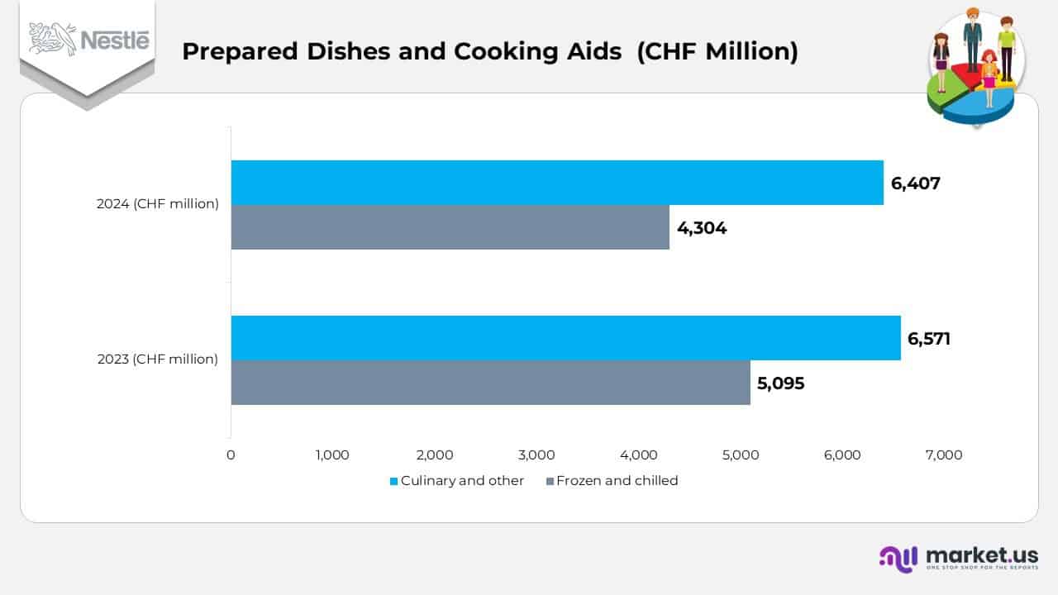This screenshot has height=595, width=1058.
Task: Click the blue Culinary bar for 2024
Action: pos(556,183)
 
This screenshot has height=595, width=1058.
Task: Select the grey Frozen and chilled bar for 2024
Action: pos(450,227)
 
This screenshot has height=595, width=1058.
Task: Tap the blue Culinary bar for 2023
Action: pos(565,338)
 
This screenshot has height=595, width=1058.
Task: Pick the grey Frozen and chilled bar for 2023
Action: pos(490,383)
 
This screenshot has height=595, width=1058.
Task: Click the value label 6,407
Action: pos(915,183)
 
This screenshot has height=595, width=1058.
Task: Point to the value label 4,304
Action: pos(702,228)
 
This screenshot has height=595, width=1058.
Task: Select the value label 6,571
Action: pos(928,339)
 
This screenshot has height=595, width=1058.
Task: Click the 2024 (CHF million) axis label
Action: pos(158,204)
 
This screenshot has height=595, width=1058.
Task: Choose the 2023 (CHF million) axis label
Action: pos(158,359)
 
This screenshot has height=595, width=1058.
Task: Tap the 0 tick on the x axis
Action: pos(231,455)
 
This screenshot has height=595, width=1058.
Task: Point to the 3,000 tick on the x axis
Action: pos(536,455)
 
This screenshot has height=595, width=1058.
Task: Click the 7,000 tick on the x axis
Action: pos(944,455)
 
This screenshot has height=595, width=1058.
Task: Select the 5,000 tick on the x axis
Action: pos(741,455)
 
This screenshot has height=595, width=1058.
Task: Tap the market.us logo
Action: pos(959,558)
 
